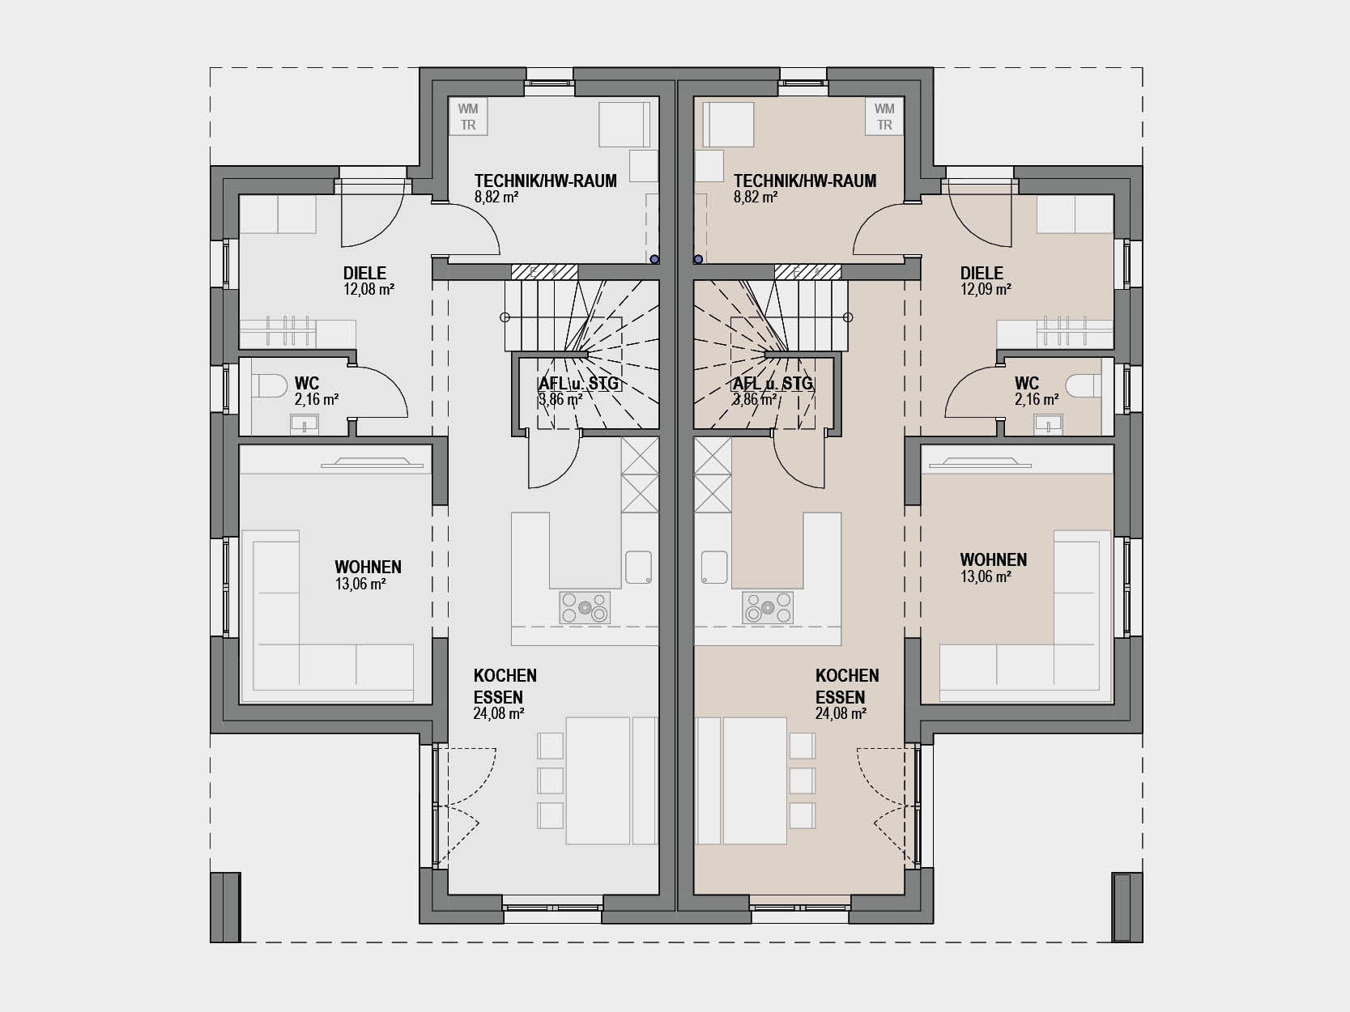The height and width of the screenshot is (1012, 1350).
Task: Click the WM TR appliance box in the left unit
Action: (468, 117)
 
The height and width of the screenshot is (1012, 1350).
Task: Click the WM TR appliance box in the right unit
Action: (884, 117)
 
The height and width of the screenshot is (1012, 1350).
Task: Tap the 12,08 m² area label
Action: (369, 290)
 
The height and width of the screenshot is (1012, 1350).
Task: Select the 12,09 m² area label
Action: (986, 290)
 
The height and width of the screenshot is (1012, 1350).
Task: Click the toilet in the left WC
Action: (271, 387)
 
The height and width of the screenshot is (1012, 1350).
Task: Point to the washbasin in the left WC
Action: (304, 423)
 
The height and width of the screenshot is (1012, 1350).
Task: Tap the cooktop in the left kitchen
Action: (584, 607)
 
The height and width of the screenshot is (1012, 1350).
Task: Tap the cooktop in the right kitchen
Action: (768, 607)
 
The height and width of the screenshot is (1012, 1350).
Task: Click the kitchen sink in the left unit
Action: (638, 568)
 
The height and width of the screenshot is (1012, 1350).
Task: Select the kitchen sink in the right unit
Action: (714, 568)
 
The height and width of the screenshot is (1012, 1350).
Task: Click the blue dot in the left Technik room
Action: (654, 259)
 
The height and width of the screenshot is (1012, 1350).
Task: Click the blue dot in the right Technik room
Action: (698, 259)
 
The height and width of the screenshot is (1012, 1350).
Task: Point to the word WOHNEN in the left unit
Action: (368, 567)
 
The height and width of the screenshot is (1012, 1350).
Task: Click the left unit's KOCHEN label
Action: (505, 676)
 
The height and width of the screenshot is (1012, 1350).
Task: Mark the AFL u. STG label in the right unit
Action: (773, 384)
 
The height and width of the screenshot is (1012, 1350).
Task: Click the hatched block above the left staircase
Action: (544, 272)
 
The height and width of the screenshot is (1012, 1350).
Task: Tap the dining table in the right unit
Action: (756, 780)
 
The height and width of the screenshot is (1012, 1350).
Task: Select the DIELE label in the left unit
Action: (364, 273)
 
